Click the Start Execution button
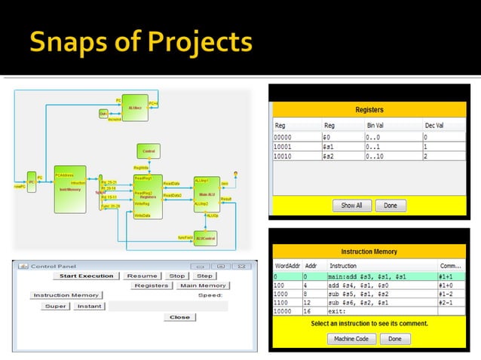click(87, 276)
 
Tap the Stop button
click(176, 276)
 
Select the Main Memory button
click(203, 285)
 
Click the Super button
click(55, 306)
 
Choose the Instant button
click(89, 306)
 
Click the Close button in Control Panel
click(179, 317)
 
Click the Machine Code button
click(351, 339)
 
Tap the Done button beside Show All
click(390, 205)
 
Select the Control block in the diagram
click(149, 151)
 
